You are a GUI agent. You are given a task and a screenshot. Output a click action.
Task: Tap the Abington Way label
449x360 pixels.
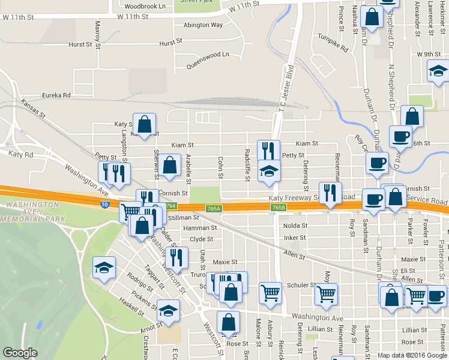click(x=203, y=25)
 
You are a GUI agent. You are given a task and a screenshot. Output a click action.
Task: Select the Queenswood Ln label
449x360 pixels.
click(x=208, y=55)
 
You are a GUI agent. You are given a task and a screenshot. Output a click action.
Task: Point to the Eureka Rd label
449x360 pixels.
click(x=56, y=95)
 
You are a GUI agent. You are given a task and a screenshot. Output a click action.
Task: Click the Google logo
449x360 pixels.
click(x=20, y=353)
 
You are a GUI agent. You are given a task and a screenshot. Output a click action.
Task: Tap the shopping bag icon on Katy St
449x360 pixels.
click(x=145, y=125)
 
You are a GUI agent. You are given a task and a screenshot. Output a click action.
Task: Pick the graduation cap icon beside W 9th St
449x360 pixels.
click(x=438, y=72)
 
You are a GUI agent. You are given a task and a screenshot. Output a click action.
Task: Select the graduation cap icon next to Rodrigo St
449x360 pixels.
click(x=104, y=268)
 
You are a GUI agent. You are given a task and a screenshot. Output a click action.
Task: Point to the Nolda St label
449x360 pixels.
click(x=295, y=226)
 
